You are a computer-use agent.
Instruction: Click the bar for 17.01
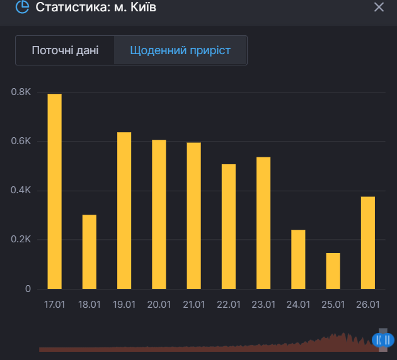pos(55,191)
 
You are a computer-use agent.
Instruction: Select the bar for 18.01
pos(89,252)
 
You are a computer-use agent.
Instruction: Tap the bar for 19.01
pos(124,211)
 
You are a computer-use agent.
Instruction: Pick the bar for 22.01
pos(229,227)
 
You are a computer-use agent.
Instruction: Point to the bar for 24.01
pos(298,259)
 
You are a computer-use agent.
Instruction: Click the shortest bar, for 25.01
pos(333,271)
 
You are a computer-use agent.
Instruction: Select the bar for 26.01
pos(368,243)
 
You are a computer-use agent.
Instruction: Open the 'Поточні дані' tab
pos(65,50)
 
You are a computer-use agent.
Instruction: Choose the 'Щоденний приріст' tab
pos(180,50)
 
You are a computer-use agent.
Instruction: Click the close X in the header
pos(379,8)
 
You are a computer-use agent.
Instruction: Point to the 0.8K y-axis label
pos(21,93)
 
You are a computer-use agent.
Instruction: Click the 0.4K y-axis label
pos(21,191)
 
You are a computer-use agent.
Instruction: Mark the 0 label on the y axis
pos(28,289)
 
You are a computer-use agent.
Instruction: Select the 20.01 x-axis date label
pos(159,305)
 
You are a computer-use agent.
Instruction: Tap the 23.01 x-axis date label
pos(263,305)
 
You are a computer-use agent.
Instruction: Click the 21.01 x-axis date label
pos(194,305)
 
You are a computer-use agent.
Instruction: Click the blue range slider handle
pos(382,340)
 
